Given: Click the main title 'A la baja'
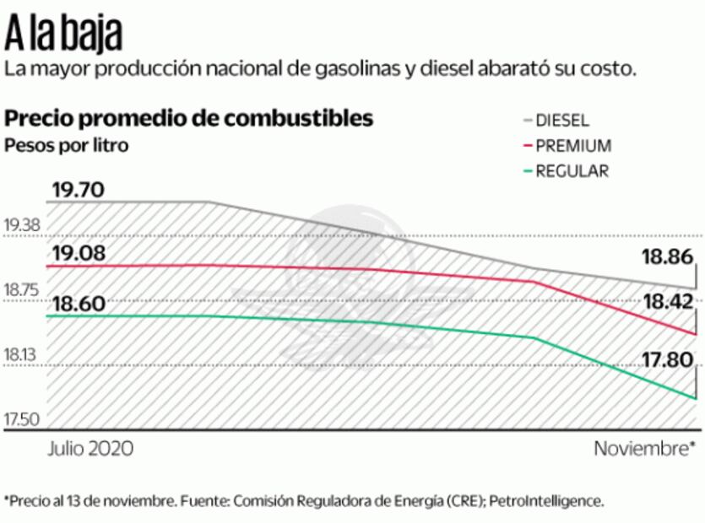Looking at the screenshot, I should point(64,34).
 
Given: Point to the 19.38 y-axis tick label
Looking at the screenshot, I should point(23,226).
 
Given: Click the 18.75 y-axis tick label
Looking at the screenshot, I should point(23,291).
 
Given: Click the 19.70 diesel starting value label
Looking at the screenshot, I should point(78,189).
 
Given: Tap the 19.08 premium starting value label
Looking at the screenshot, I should point(78,253).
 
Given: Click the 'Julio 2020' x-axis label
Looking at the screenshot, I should point(90,448).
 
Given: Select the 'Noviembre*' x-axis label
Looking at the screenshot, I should point(644,448).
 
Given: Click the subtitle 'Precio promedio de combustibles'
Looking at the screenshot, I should point(189,118).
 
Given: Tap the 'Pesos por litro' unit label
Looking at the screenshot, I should point(67,145).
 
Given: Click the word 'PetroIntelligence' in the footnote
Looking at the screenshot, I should point(550,500).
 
